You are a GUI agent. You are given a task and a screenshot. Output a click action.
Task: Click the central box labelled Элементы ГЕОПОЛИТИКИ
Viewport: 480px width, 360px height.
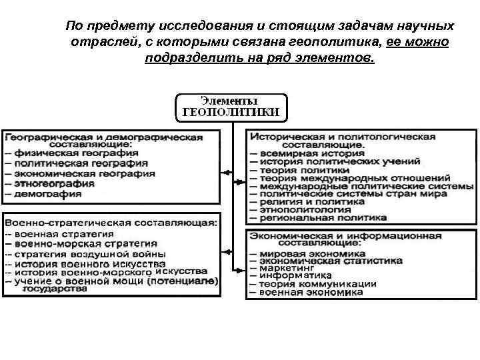tap(231, 106)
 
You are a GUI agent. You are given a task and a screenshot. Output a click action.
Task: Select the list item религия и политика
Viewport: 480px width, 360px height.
tap(307, 201)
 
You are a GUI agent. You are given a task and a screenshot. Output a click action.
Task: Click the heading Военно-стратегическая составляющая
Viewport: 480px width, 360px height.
tap(110, 223)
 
